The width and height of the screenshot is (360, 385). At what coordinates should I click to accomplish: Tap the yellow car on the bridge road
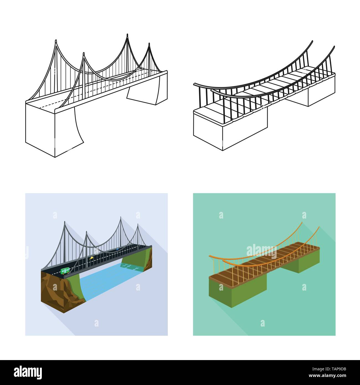(91, 258)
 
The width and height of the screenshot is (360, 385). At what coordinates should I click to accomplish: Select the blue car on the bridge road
(117, 249)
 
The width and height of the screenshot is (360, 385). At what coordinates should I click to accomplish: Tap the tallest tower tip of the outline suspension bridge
(127, 35)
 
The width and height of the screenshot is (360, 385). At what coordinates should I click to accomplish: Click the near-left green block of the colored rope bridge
(238, 289)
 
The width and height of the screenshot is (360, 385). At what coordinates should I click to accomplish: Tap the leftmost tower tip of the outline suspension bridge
(56, 41)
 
